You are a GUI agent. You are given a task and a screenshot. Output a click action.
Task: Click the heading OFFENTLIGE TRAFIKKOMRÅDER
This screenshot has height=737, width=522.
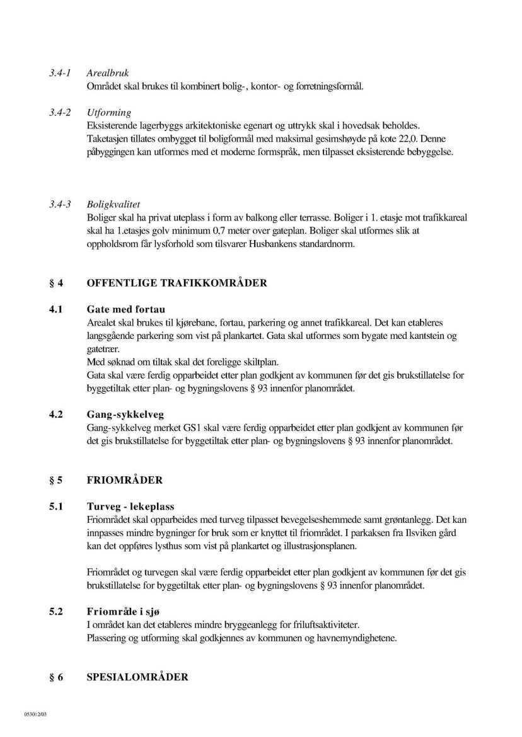click(x=177, y=283)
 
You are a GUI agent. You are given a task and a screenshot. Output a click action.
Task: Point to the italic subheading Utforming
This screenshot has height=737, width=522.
click(x=109, y=113)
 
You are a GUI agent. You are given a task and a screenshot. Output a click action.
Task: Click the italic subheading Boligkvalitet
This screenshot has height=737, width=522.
click(x=113, y=205)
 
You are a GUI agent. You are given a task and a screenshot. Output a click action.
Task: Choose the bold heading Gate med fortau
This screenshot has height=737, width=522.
click(x=125, y=310)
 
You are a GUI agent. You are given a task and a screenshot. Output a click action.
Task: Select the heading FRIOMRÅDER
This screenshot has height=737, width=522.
click(x=124, y=480)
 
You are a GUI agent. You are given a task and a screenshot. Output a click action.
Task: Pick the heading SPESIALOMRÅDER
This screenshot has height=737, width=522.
click(x=137, y=677)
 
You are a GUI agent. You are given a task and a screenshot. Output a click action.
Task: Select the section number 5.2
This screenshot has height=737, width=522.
click(x=57, y=612)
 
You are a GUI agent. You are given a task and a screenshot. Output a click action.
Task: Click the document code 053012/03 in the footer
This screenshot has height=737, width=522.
click(x=36, y=714)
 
